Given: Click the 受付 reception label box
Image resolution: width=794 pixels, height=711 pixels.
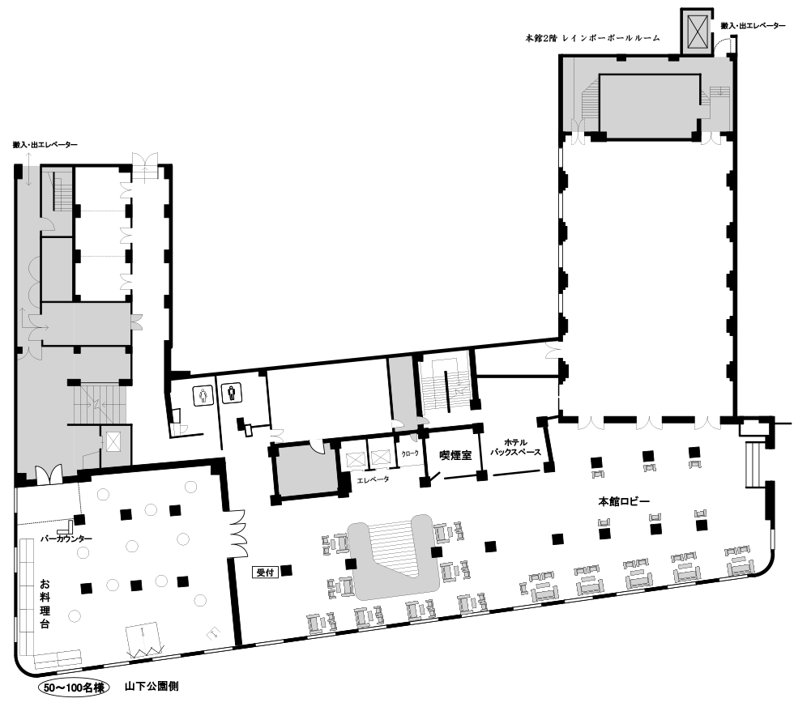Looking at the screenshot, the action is (266, 573).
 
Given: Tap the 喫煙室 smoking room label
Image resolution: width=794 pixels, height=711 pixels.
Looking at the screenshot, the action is (455, 455).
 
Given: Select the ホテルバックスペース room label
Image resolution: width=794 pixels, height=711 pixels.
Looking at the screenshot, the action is (515, 447).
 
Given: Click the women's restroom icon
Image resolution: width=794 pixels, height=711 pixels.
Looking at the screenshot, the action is (203, 394).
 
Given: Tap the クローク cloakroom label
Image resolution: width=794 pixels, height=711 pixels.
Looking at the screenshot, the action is (410, 453).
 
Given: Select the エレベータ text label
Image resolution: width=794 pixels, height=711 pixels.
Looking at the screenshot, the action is (374, 479).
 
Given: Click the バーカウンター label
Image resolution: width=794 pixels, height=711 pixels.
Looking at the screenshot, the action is (66, 539).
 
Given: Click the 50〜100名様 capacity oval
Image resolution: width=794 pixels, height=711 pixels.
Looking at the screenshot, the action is (74, 688).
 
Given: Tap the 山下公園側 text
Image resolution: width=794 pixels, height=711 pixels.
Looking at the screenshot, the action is (152, 687).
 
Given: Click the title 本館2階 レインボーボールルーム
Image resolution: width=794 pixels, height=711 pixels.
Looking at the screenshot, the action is (593, 37).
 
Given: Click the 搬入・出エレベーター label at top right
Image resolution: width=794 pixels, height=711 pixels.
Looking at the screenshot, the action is (753, 25).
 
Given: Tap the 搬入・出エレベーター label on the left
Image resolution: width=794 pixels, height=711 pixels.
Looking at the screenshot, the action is (45, 145).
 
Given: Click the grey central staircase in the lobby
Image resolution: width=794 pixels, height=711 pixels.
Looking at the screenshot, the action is (392, 557).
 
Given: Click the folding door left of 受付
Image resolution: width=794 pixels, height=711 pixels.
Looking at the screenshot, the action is (237, 532).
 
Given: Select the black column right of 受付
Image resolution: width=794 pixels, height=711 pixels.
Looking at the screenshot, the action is (287, 571).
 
